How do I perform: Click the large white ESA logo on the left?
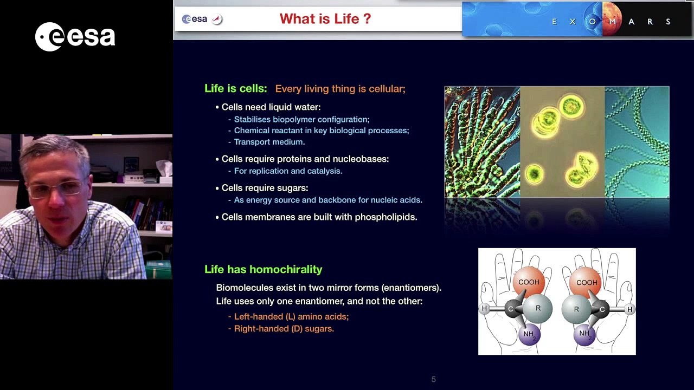click(75, 36)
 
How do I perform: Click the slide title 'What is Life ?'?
click(325, 18)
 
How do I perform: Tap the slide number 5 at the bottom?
click(433, 379)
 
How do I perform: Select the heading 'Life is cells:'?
click(235, 88)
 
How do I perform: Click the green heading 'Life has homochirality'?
click(264, 269)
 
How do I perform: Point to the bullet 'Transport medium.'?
click(269, 142)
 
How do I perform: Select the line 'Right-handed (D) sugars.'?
click(284, 328)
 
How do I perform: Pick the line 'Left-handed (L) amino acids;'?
click(291, 316)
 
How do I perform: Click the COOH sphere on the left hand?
click(529, 282)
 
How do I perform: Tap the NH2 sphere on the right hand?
click(584, 334)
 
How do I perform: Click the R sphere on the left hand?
click(538, 308)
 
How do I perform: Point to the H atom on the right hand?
click(629, 309)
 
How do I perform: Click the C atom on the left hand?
click(511, 308)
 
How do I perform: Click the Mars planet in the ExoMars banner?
click(612, 18)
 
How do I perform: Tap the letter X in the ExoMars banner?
click(573, 22)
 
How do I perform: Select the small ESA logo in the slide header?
click(195, 19)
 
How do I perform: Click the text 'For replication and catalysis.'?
click(288, 171)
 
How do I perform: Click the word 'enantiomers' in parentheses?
click(410, 288)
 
